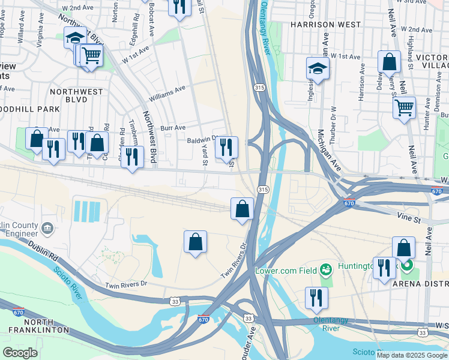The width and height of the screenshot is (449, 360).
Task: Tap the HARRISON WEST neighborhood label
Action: pyautogui.click(x=326, y=25)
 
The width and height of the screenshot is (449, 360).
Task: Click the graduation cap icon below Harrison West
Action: pyautogui.click(x=318, y=69)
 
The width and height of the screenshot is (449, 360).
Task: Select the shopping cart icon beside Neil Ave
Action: pyautogui.click(x=404, y=108)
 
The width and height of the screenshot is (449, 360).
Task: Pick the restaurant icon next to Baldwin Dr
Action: pyautogui.click(x=226, y=147)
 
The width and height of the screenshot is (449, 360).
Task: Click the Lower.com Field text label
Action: pyautogui.click(x=286, y=271)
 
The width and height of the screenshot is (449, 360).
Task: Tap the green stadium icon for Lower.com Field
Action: pyautogui.click(x=326, y=270)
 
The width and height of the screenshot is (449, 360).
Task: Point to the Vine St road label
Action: pyautogui.click(x=408, y=217)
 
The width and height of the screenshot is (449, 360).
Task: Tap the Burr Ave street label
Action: pyautogui.click(x=173, y=128)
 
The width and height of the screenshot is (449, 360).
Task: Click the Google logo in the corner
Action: pyautogui.click(x=20, y=353)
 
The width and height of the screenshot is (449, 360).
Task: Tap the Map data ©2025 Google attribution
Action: pyautogui.click(x=411, y=355)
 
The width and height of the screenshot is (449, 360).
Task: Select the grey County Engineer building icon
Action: pyautogui.click(x=47, y=228)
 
